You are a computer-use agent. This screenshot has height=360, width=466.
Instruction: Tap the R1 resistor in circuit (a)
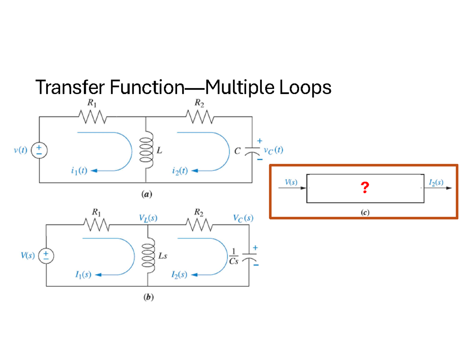coord(92,116)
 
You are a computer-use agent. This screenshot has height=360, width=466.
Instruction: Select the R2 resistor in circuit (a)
coord(199,116)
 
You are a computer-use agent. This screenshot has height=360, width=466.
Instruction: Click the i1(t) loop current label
coord(78,170)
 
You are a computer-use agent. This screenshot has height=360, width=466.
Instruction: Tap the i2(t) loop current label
coord(179,170)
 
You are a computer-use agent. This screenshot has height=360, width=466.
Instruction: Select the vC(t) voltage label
coord(273,150)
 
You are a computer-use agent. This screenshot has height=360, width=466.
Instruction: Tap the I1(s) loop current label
coord(82,275)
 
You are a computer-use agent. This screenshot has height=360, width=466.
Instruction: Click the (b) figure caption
coord(149,298)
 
